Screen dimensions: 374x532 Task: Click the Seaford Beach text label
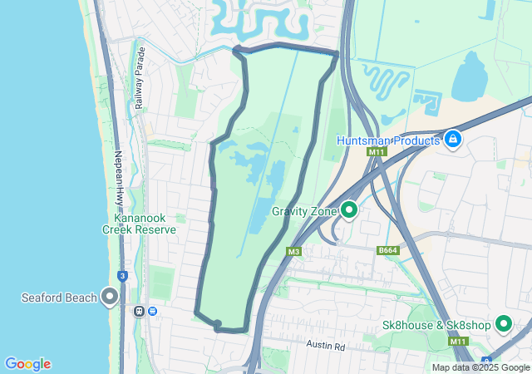pos(57,297)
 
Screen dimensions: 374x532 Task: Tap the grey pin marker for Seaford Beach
pos(110,297)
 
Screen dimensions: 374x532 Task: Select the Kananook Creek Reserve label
pos(139,223)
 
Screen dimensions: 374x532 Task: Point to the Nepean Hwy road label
pos(120,178)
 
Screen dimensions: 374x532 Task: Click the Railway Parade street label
pos(140,78)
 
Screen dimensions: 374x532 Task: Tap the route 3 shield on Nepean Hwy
pos(123,276)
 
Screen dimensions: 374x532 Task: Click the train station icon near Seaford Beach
pos(139,311)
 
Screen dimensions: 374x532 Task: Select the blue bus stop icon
pos(152,311)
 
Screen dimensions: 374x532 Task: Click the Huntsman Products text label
pos(388,140)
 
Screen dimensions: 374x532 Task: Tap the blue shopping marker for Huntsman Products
pos(453,139)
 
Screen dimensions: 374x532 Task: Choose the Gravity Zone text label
pos(303,211)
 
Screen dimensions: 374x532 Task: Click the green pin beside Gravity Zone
pos(349,210)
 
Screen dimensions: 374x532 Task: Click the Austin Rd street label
pos(325,345)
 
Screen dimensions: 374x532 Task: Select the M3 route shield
pos(293,251)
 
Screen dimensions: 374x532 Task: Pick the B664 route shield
pos(387,250)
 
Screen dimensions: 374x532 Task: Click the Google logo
pos(27,364)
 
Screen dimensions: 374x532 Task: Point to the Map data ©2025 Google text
pos(480,367)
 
